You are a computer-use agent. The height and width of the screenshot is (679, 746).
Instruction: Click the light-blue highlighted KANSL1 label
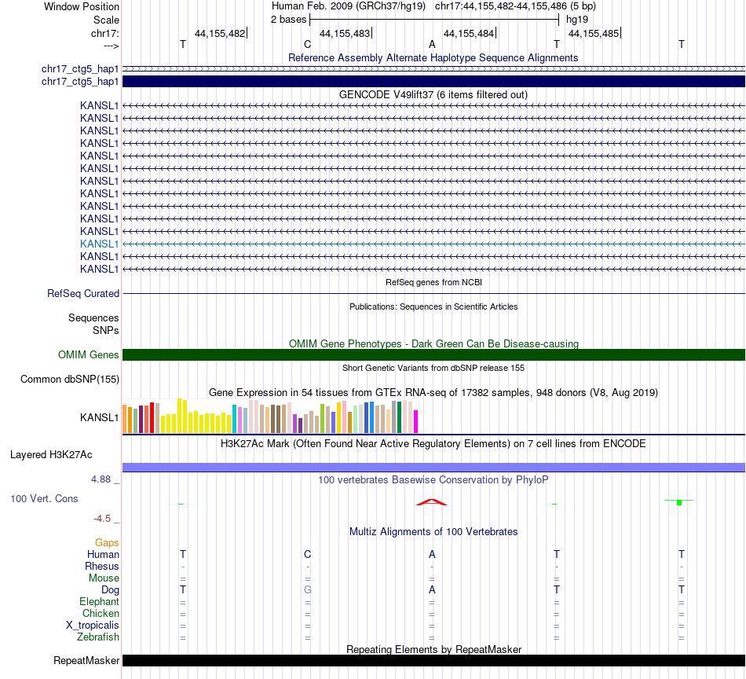pyautogui.click(x=99, y=244)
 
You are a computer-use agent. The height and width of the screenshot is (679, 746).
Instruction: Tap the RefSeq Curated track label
pyautogui.click(x=83, y=293)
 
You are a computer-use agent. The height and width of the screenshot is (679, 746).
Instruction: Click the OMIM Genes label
pyautogui.click(x=89, y=354)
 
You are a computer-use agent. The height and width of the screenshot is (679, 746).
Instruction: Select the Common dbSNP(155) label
pyautogui.click(x=70, y=380)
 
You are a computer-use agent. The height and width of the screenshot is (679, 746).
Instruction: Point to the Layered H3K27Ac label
pyautogui.click(x=51, y=454)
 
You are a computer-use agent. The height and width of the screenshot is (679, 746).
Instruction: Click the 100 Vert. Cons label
pyautogui.click(x=44, y=498)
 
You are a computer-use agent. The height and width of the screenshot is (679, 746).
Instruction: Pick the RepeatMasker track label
pyautogui.click(x=86, y=660)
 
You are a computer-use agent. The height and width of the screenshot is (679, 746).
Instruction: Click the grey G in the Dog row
pyautogui.click(x=308, y=589)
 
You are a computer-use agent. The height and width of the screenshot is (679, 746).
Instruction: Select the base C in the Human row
pyautogui.click(x=308, y=554)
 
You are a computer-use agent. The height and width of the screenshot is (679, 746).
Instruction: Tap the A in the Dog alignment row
pyautogui.click(x=432, y=589)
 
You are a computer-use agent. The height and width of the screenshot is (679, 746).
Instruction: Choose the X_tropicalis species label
pyautogui.click(x=93, y=625)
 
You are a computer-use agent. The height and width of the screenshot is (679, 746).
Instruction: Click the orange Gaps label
pyautogui.click(x=107, y=542)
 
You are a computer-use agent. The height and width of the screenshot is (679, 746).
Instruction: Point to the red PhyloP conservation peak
pyautogui.click(x=432, y=501)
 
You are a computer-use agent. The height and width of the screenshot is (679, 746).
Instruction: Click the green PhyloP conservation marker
pyautogui.click(x=679, y=501)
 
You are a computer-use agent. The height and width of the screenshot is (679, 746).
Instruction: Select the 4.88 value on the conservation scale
pyautogui.click(x=104, y=479)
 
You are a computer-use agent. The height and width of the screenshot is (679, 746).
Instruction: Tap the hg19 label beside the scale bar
pyautogui.click(x=577, y=19)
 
